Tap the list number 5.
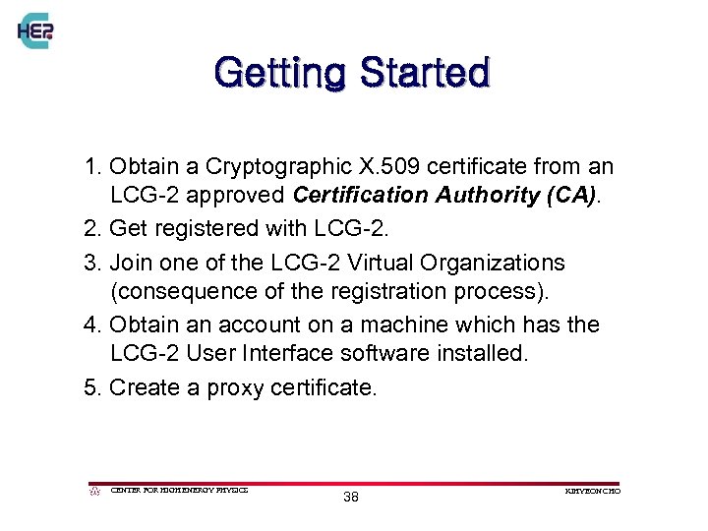tap(90, 387)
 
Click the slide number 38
tap(351, 498)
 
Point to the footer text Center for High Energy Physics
tap(179, 490)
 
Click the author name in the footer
tap(594, 490)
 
